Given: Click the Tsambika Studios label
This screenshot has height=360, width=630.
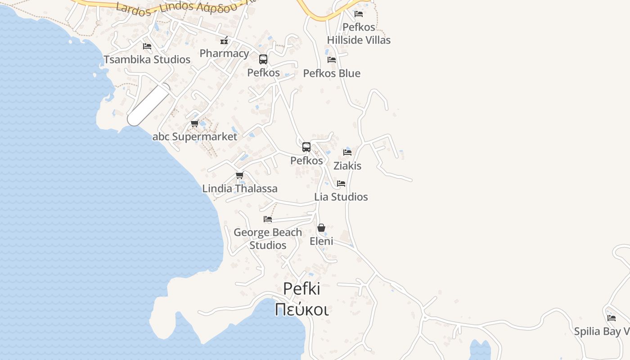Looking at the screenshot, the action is [x=147, y=59].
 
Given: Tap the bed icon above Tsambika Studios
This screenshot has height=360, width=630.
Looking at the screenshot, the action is [x=147, y=46].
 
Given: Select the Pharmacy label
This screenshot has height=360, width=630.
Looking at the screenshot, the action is [x=224, y=53].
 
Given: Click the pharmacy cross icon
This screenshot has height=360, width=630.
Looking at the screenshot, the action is [x=224, y=41].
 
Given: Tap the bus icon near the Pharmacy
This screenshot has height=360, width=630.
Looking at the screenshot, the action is [x=263, y=59].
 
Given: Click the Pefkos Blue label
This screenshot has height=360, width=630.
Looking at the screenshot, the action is [x=332, y=73].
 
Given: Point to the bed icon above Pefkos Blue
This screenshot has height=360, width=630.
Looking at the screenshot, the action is [x=332, y=59].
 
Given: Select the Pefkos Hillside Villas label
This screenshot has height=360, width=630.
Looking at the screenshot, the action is [x=359, y=34].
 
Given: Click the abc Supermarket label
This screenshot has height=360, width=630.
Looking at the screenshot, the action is [x=195, y=137].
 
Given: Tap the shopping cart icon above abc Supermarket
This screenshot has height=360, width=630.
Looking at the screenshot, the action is [x=195, y=123].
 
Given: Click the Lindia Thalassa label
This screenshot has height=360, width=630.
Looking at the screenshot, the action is [x=240, y=189].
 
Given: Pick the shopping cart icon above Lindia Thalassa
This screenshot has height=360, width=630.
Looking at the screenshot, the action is [x=240, y=175].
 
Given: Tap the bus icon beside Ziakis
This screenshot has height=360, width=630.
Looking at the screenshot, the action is [x=306, y=147].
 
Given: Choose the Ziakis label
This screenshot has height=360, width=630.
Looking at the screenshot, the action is [x=347, y=166].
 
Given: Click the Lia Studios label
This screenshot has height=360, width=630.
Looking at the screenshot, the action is [x=341, y=197].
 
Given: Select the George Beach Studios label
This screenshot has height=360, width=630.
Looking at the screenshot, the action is [x=268, y=238].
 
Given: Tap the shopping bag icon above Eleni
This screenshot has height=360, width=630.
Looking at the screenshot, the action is [x=321, y=228].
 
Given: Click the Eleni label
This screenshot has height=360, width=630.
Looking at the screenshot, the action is [x=321, y=241].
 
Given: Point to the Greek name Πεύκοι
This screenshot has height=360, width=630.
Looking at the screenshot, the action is [x=301, y=310].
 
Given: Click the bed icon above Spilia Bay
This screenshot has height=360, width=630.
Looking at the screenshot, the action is [x=612, y=318].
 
